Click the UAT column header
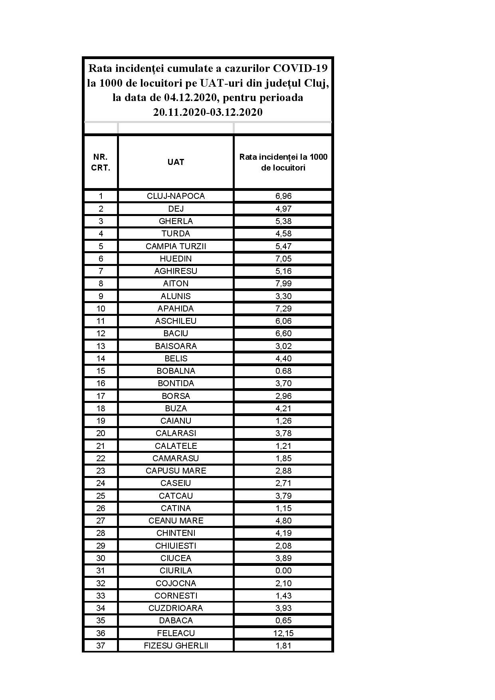[x=176, y=162]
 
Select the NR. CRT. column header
[x=101, y=162]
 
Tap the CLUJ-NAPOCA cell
[x=176, y=196]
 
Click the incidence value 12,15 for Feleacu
[x=283, y=633]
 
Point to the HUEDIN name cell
[x=176, y=258]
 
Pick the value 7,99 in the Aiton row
[x=283, y=284]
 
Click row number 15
[x=101, y=371]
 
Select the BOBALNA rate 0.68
[x=283, y=371]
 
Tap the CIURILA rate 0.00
[x=283, y=571]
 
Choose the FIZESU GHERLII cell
[x=176, y=646]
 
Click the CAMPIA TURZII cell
[x=176, y=246]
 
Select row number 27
[x=101, y=521]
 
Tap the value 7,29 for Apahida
[x=283, y=309]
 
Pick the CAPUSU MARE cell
[x=176, y=471]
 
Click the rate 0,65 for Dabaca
[x=283, y=621]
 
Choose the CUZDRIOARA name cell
[x=176, y=608]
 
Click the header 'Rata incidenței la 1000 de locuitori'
[x=283, y=162]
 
